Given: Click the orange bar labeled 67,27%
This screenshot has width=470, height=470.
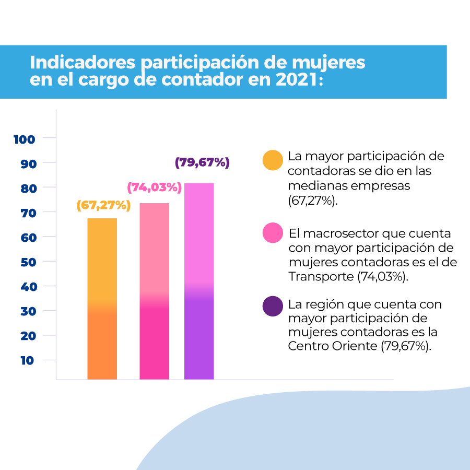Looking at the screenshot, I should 102,298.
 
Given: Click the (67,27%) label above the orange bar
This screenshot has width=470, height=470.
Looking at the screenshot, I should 103,205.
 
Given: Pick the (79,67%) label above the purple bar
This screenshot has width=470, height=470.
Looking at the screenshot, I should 202,162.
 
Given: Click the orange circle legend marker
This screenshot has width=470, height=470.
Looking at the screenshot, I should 273,160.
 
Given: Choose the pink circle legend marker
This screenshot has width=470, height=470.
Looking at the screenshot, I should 273,233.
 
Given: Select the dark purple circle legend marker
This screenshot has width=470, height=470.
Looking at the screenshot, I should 273,305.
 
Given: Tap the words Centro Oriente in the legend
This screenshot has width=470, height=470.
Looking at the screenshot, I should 333,346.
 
